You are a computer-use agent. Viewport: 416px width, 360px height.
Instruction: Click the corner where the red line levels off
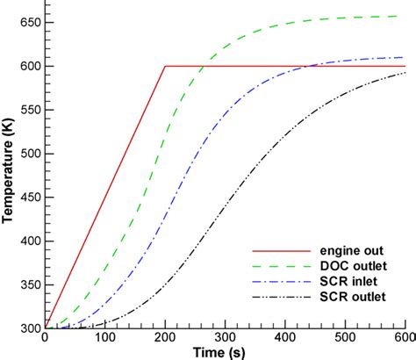click(165, 66)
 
